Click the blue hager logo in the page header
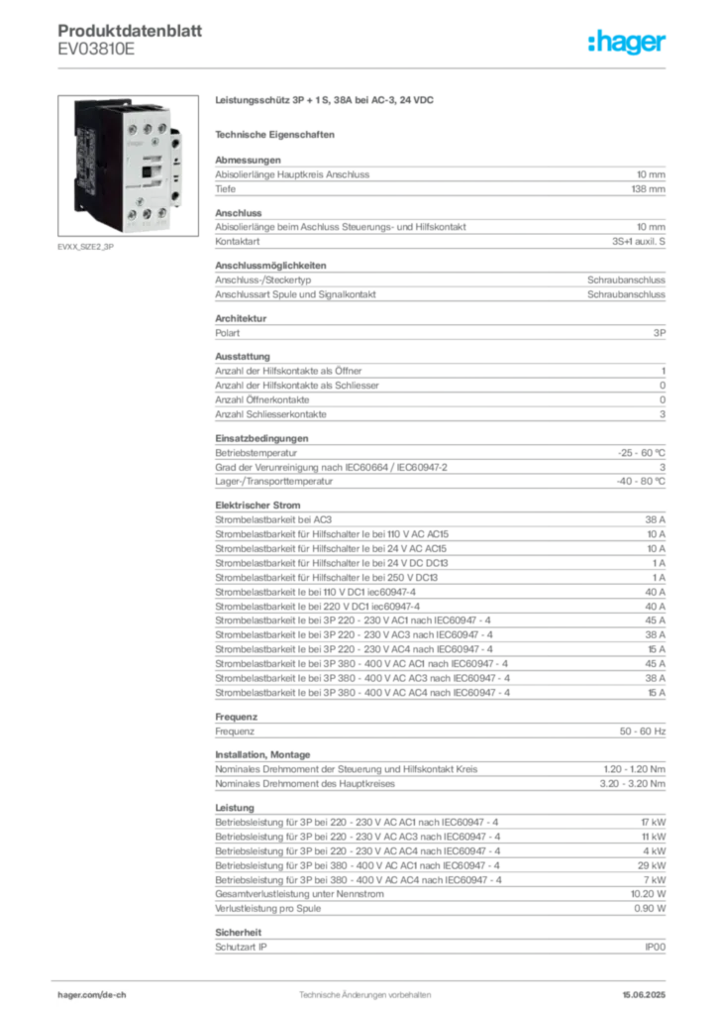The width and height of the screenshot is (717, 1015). [628, 42]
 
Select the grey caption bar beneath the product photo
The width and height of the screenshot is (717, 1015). [87, 247]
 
